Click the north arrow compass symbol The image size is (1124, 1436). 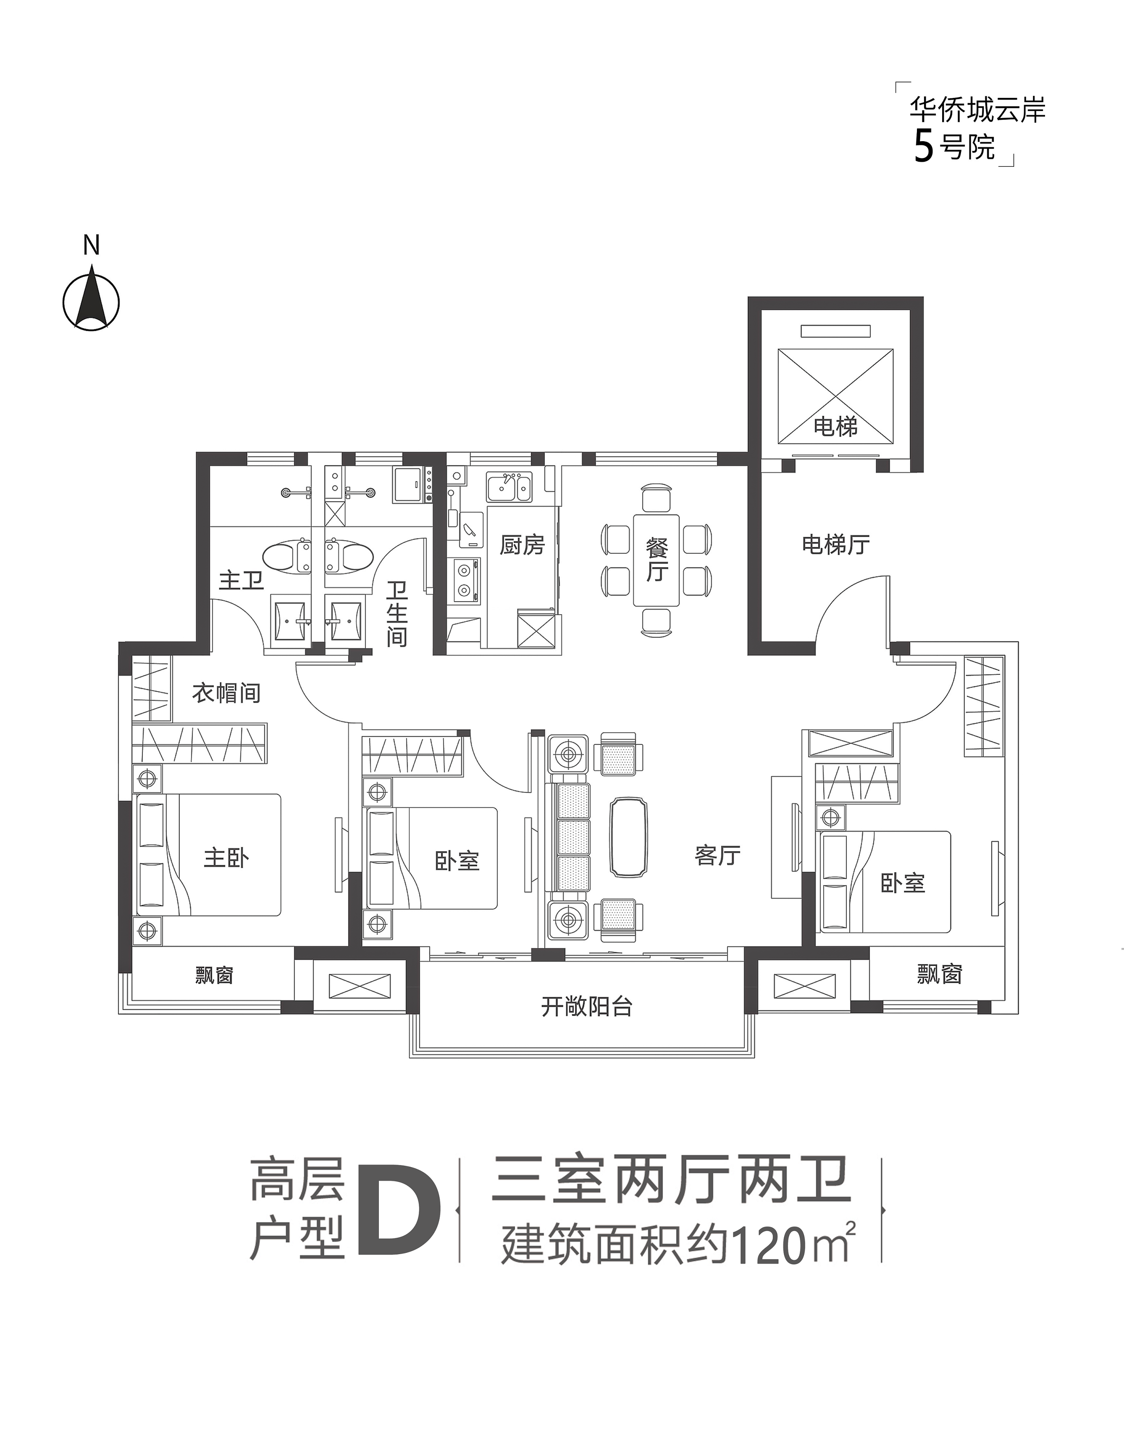pyautogui.click(x=92, y=301)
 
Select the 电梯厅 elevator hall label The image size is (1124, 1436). pyautogui.click(x=836, y=545)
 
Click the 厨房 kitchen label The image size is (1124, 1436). pyautogui.click(x=522, y=545)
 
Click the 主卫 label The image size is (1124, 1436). pyautogui.click(x=241, y=581)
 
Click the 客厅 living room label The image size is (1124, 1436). pyautogui.click(x=717, y=855)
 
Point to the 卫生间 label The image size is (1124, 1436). pyautogui.click(x=397, y=613)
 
